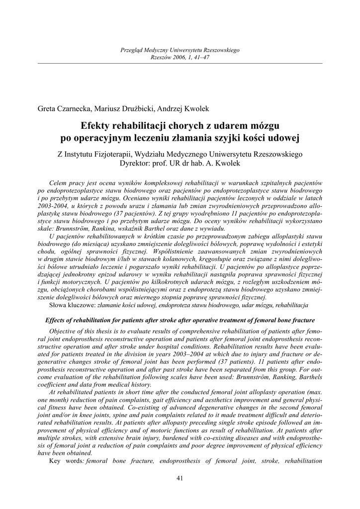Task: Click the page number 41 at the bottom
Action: (180, 478)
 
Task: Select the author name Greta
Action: (48, 108)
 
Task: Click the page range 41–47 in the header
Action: (201, 58)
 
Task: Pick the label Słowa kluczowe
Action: (73, 304)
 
